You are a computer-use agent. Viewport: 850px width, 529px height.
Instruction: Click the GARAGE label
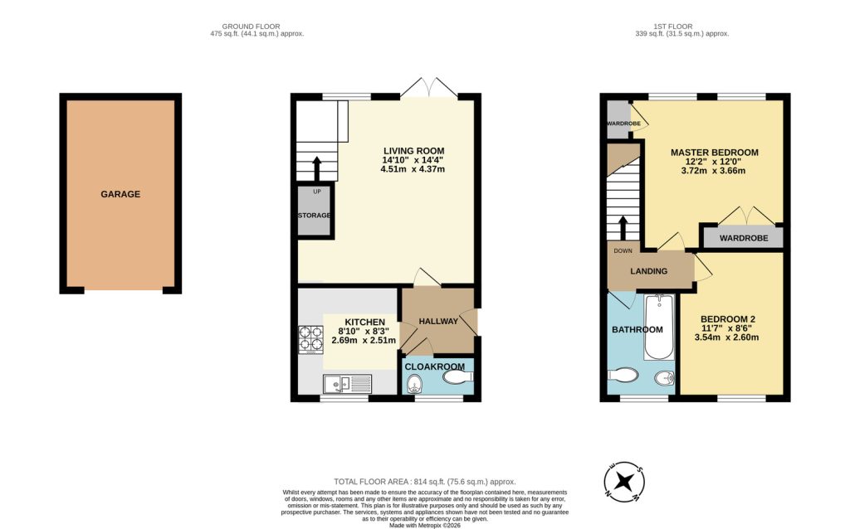[x=120, y=194]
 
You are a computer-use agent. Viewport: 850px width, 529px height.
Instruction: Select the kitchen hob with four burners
[x=311, y=338]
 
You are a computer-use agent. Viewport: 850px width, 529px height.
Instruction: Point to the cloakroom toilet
[x=416, y=382]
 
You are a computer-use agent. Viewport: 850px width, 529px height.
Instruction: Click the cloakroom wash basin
[x=457, y=377]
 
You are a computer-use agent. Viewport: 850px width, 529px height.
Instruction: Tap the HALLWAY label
[x=438, y=321]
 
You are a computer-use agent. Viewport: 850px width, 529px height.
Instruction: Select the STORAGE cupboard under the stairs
[x=315, y=215]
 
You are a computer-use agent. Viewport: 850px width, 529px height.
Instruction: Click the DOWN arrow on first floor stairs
[x=623, y=226]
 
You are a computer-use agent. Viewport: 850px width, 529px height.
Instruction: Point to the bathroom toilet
[x=623, y=376]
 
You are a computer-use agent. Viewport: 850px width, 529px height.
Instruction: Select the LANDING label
[x=649, y=271]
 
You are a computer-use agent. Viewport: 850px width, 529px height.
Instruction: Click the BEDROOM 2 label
[x=728, y=318]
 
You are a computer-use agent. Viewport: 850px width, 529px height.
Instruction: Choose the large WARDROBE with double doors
[x=743, y=238]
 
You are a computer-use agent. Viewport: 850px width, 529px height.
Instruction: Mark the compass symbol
[x=623, y=481]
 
